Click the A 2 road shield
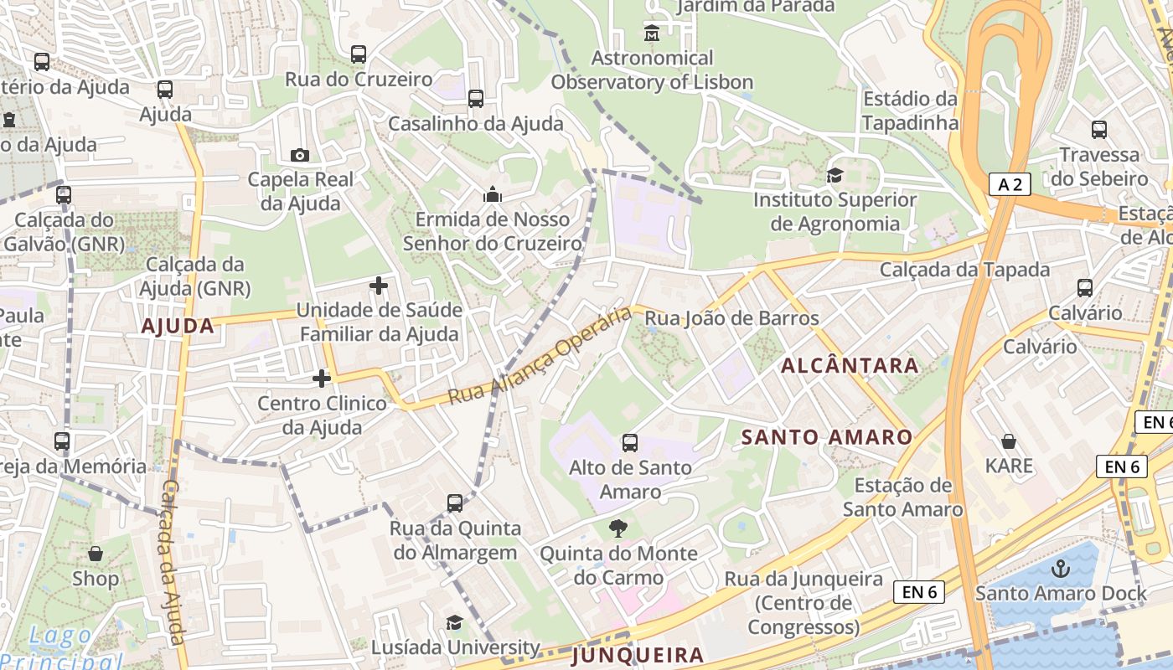(x=1010, y=184)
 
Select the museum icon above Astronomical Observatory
(x=652, y=33)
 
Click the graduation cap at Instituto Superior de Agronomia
(x=835, y=175)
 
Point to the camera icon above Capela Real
(x=299, y=155)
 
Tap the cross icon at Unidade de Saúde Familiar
(x=379, y=286)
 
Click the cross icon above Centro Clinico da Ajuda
(x=322, y=379)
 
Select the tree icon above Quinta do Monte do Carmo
(x=618, y=528)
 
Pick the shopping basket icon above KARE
(x=1009, y=441)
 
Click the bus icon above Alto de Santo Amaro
(x=630, y=442)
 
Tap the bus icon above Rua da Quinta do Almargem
(x=455, y=503)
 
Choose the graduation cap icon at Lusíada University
(x=454, y=622)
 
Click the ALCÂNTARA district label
(x=850, y=366)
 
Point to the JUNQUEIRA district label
(x=638, y=656)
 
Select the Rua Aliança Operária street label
(x=540, y=355)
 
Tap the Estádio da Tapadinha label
(x=910, y=111)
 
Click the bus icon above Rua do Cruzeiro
(x=359, y=54)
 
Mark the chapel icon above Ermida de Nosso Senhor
(x=493, y=195)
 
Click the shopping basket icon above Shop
(x=96, y=554)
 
